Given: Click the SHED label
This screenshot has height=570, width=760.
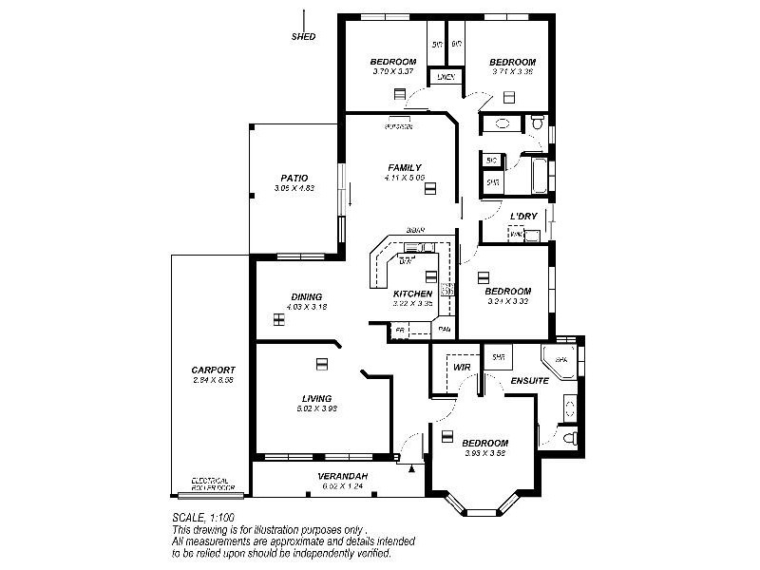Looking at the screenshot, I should click(304, 37).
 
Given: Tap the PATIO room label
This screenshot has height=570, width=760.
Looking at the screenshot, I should click(294, 178).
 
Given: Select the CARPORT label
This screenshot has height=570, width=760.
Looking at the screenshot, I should click(213, 370).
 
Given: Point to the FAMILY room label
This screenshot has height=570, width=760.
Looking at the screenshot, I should click(404, 167).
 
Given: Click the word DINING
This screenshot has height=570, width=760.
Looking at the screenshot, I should click(306, 296).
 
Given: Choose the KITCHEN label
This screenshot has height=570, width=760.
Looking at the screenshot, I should click(412, 294).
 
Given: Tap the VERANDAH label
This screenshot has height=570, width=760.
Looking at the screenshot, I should click(343, 476).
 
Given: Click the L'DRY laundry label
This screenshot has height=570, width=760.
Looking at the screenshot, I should click(523, 217).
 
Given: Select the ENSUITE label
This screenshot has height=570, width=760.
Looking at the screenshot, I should click(529, 381).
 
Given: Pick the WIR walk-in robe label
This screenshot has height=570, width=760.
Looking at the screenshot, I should click(463, 366).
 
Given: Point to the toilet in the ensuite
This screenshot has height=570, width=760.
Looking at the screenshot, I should click(567, 438).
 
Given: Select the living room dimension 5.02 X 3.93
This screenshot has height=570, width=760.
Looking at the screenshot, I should click(316, 408).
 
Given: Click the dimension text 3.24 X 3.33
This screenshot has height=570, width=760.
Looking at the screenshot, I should click(507, 301).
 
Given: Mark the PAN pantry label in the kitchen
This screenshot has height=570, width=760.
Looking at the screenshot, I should click(444, 330).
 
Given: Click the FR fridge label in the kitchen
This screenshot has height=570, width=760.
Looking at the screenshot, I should click(400, 330).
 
